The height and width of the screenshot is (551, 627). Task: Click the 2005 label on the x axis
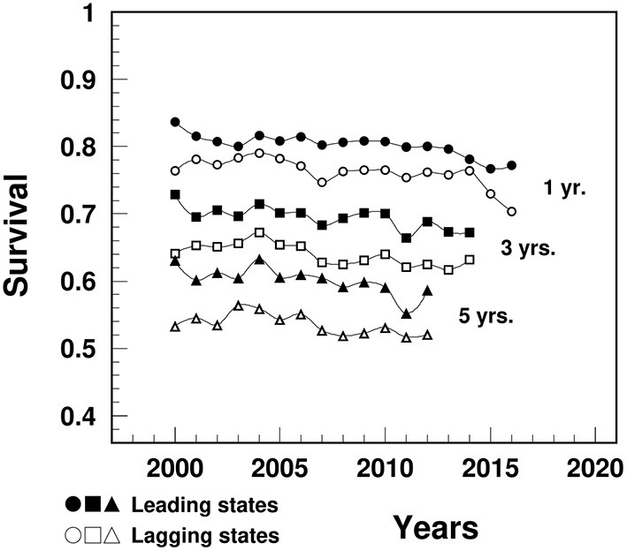tap(279, 466)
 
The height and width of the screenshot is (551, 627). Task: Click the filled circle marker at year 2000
tap(175, 122)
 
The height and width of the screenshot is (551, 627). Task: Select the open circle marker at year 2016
tap(511, 211)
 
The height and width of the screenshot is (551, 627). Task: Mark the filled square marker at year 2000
tap(175, 194)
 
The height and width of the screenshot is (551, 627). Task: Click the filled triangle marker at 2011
tap(406, 313)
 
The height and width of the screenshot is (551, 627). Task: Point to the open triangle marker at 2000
tap(175, 327)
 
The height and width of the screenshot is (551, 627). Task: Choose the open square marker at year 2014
tap(470, 260)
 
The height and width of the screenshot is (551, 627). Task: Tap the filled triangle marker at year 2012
tap(427, 291)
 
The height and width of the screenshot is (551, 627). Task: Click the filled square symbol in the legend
tap(91, 506)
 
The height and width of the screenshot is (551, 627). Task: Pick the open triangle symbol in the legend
tap(111, 535)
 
